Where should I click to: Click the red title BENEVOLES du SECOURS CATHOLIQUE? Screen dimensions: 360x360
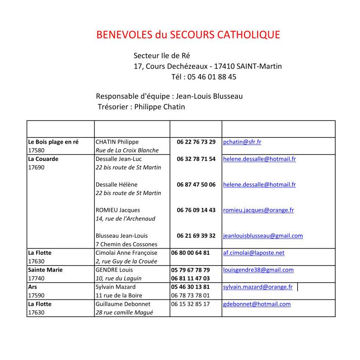188,35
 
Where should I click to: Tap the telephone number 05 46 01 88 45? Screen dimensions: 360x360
204,77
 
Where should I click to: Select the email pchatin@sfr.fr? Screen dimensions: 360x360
242,142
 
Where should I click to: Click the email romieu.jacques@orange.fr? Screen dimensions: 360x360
258,210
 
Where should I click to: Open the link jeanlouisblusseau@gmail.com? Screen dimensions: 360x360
263,236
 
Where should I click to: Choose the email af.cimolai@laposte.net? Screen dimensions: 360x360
254,253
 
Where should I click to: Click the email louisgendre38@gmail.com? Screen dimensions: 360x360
258,270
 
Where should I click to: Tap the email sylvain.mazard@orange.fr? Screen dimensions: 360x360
258,287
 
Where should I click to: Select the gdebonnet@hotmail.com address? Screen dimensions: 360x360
257,304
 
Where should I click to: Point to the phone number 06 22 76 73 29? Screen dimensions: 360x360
196,142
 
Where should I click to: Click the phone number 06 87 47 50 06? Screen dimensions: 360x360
196,184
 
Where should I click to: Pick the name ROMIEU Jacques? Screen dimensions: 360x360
118,210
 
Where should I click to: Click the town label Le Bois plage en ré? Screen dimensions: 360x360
53,142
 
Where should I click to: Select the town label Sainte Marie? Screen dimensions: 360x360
45,270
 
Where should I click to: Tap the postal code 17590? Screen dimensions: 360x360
37,295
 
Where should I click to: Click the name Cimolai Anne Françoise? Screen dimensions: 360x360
126,253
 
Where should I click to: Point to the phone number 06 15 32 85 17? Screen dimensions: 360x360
190,304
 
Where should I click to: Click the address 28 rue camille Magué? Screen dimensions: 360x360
124,313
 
